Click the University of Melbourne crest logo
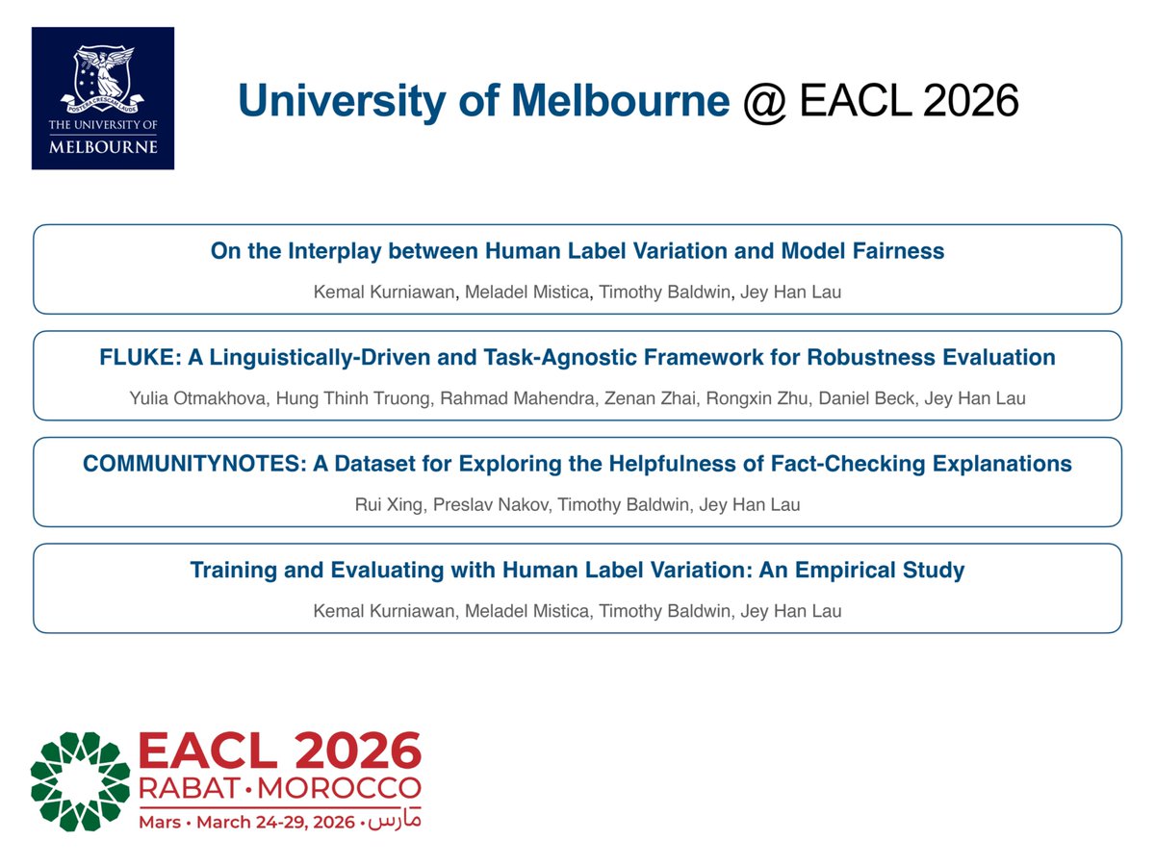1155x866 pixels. click(103, 97)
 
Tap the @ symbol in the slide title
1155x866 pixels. click(764, 100)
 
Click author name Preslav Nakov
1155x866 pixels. click(478, 504)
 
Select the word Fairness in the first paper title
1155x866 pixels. click(899, 252)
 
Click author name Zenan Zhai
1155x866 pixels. click(632, 398)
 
